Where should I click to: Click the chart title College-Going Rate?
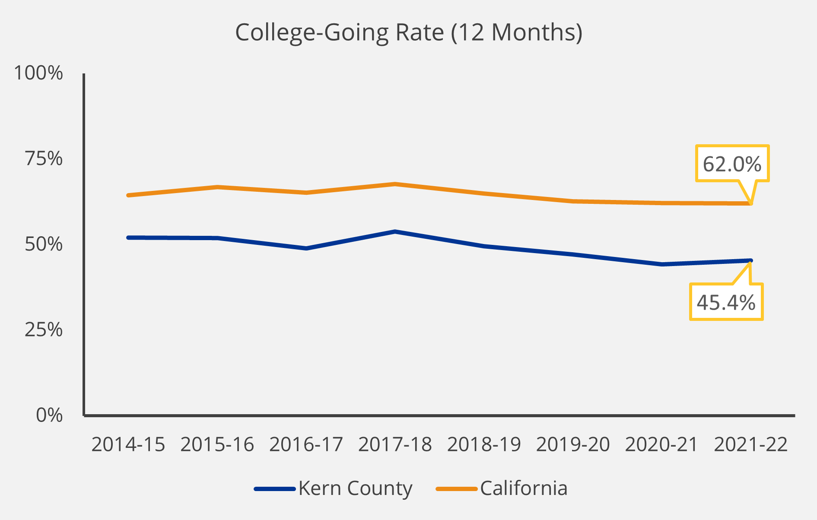(x=408, y=32)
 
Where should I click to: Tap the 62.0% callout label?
(x=732, y=164)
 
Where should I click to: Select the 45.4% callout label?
(x=726, y=302)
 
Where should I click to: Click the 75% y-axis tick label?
(x=44, y=159)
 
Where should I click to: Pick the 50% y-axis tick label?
(x=44, y=244)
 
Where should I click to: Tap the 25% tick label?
(x=44, y=330)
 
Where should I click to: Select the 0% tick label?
(x=49, y=415)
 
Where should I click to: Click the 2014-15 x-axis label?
(x=128, y=444)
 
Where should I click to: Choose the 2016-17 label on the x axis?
(x=306, y=444)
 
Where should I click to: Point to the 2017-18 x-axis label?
(x=395, y=444)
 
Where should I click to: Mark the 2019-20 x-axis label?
(x=573, y=444)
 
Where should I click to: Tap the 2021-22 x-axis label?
(x=751, y=444)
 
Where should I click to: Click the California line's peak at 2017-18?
(x=395, y=184)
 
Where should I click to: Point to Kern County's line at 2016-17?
(x=306, y=248)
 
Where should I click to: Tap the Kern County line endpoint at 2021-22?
(x=751, y=260)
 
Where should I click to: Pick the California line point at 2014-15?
(x=128, y=195)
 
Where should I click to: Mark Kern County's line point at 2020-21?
(x=662, y=264)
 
